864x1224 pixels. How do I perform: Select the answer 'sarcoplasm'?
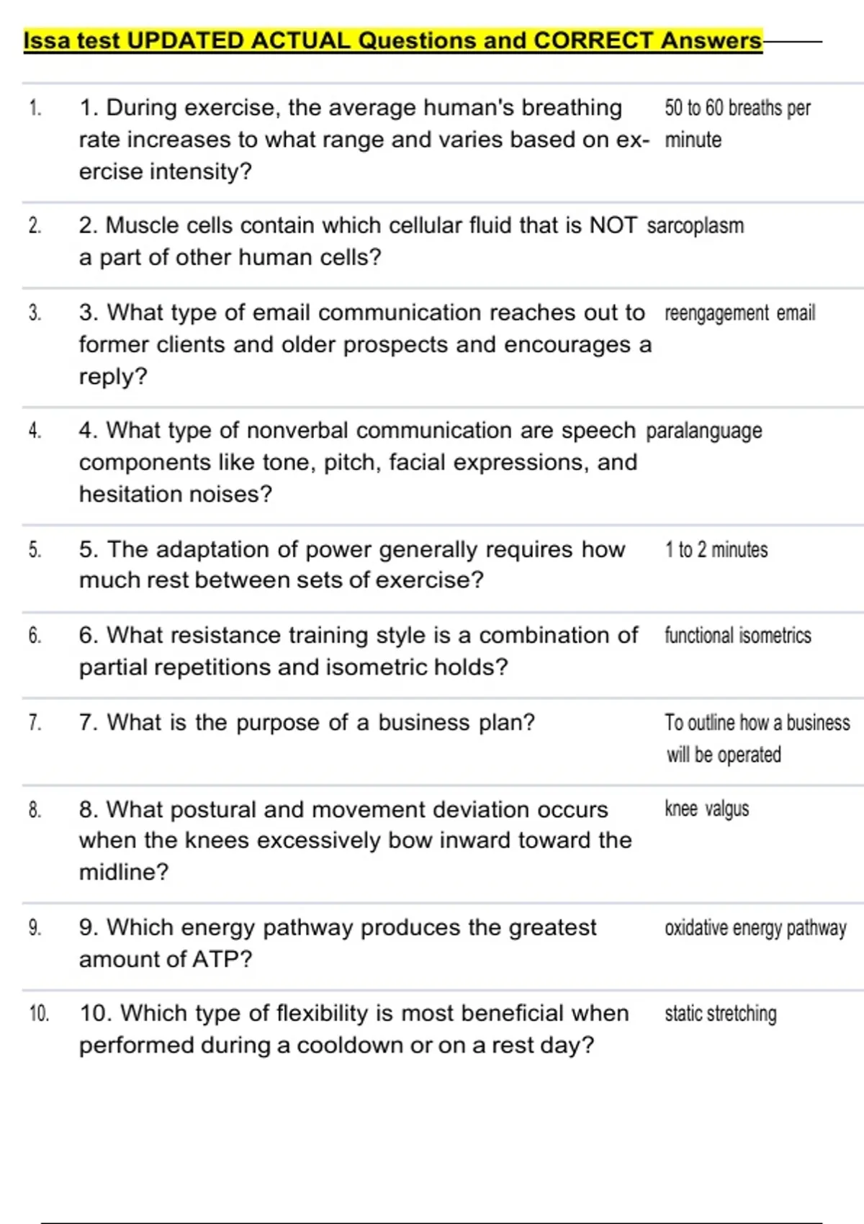tap(695, 225)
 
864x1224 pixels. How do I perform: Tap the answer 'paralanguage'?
tap(703, 431)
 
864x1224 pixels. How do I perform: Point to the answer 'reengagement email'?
tap(739, 313)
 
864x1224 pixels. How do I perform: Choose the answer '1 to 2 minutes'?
tap(716, 550)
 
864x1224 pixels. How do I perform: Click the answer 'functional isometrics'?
tap(737, 635)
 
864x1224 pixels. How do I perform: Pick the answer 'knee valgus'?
tap(706, 809)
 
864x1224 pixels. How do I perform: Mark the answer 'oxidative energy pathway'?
tap(755, 928)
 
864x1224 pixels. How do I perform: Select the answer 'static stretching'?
tap(720, 1014)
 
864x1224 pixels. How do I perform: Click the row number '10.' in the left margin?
tap(39, 1014)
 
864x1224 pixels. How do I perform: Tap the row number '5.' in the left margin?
tap(35, 550)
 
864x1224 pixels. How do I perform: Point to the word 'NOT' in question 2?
tap(613, 225)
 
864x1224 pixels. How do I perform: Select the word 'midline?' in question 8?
tap(123, 872)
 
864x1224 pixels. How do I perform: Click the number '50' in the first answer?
tap(673, 108)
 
